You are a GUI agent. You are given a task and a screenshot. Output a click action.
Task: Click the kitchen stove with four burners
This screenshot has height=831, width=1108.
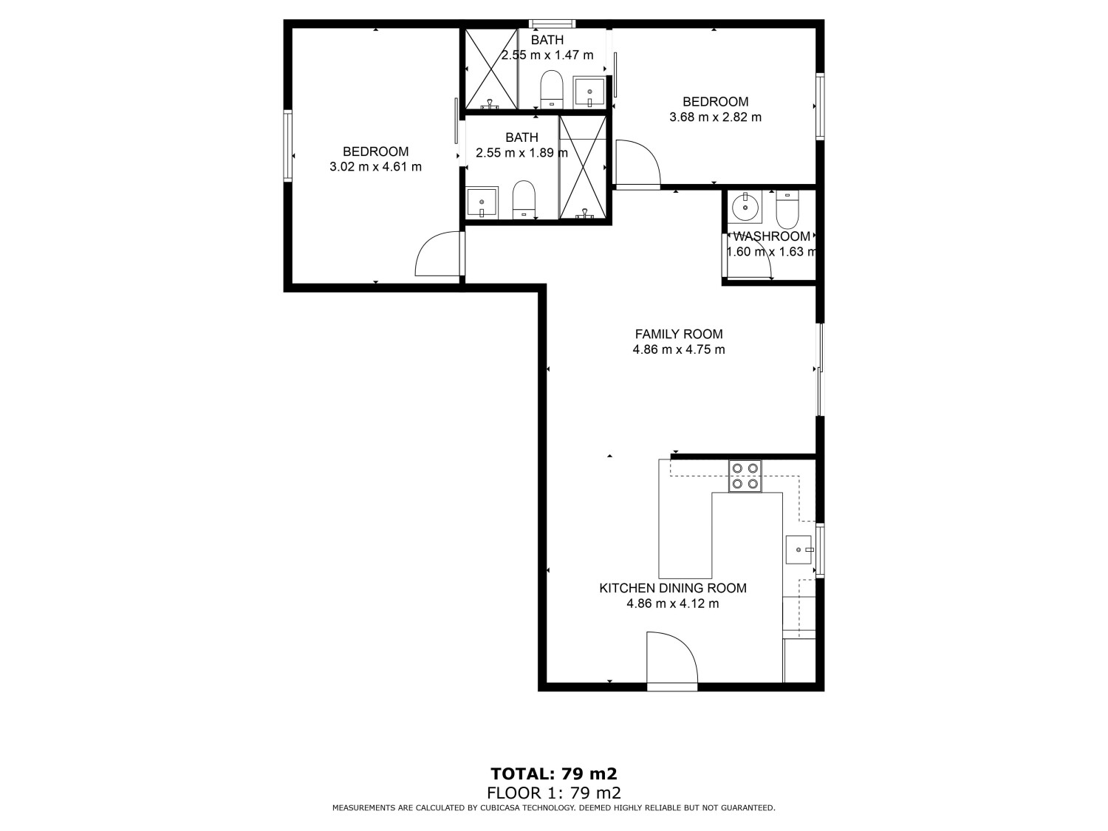745,476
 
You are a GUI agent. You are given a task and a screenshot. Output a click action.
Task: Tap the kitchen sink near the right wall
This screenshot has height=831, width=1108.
798,550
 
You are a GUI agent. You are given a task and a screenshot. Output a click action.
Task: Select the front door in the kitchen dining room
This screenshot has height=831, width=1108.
671,660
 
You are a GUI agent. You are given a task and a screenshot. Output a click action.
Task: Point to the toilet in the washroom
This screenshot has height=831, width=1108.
787,210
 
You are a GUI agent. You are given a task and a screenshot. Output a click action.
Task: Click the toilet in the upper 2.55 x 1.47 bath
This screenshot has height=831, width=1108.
552,89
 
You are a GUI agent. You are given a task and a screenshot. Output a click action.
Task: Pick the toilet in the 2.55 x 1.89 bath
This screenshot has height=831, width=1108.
524,199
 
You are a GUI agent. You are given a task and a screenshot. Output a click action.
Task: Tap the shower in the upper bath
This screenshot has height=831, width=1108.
490,69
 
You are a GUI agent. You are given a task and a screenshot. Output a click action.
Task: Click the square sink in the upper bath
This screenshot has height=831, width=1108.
589,92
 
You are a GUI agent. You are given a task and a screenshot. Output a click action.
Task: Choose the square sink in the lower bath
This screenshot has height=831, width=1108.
482,202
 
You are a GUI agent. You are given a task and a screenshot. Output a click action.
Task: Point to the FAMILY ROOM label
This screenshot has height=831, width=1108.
678,334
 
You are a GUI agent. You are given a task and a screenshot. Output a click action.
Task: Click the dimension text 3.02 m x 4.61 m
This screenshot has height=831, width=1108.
375,167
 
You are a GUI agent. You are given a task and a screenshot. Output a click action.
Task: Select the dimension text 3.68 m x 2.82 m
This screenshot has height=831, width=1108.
714,117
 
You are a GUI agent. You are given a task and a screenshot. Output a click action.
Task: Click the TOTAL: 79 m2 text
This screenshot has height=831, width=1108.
553,773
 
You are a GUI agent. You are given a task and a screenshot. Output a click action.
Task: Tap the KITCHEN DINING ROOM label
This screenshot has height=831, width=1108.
672,588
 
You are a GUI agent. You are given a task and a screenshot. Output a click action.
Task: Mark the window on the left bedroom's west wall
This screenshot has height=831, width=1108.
287,144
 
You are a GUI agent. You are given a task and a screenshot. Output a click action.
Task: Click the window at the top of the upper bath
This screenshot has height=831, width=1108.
552,23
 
